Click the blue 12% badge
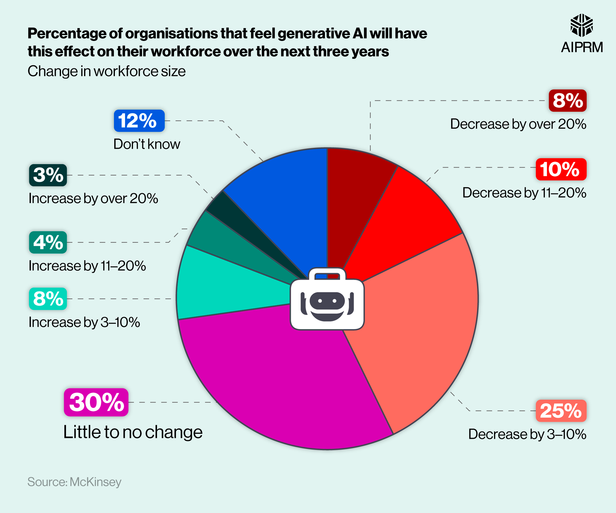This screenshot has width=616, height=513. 139,121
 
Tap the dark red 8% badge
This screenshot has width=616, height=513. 567,101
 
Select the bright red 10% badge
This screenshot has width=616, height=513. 561,169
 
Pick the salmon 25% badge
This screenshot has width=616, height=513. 561,411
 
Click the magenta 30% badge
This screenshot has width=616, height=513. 96,402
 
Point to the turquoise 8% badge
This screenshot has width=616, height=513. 48,299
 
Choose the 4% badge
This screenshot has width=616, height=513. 48,242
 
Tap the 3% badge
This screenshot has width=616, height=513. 48,175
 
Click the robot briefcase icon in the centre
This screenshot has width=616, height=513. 327,300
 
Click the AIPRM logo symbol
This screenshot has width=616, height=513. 581,25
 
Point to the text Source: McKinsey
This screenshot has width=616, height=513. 74,482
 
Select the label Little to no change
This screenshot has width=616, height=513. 133,432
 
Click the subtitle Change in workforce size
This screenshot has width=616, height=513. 107,71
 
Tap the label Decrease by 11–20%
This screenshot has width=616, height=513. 524,193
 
